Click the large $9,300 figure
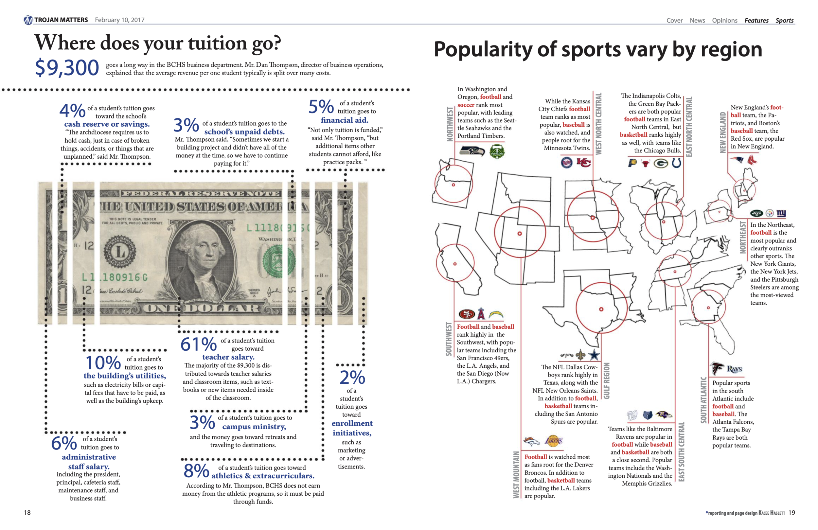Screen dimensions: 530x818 click(x=67, y=68)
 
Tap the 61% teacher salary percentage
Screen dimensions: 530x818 click(x=198, y=344)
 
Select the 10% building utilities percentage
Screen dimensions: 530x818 click(x=103, y=362)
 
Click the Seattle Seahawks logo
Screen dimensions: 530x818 click(x=472, y=151)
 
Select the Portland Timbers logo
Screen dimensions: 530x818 click(x=497, y=151)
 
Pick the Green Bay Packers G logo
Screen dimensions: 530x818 click(x=661, y=163)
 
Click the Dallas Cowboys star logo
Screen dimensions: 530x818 click(x=594, y=355)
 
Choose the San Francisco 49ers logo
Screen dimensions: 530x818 click(x=467, y=314)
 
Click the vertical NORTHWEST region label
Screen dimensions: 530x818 click(x=450, y=124)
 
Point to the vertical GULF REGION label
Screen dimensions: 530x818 click(x=607, y=381)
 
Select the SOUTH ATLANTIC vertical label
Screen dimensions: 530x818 click(x=703, y=400)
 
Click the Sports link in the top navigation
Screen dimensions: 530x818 click(x=784, y=20)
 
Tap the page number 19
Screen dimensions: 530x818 click(x=791, y=512)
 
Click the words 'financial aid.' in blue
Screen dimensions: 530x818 click(x=345, y=120)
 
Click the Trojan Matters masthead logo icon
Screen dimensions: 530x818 click(x=28, y=20)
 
